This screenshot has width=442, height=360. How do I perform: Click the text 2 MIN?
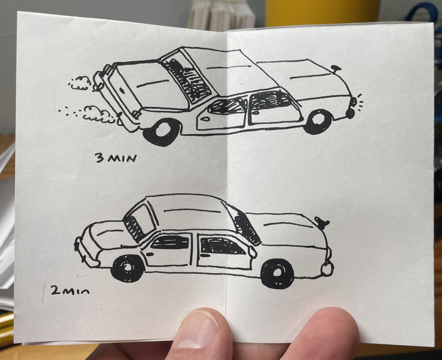70,290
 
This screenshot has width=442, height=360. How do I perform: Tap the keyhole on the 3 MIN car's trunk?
122,90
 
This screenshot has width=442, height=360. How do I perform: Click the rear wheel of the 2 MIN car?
127,268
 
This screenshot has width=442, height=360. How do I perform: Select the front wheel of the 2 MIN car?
277,273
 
